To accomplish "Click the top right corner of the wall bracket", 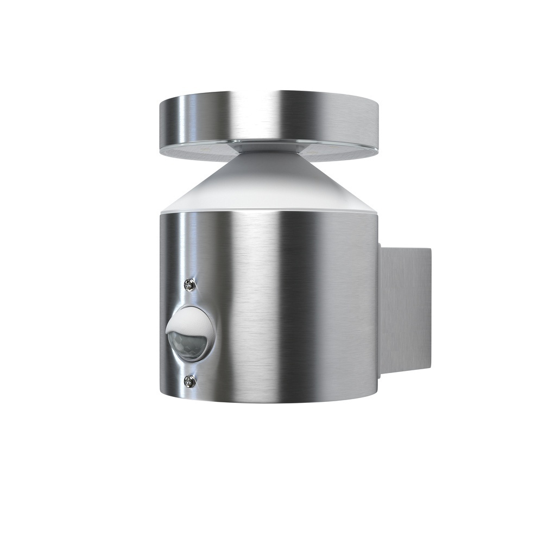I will click(x=430, y=249).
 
